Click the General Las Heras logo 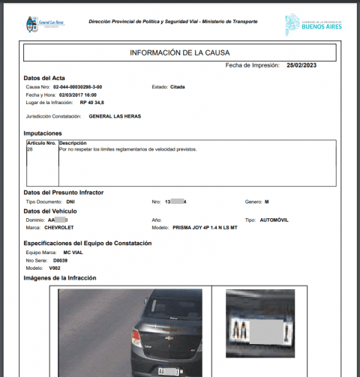coord(44,23)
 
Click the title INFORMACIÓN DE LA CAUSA coord(180,52)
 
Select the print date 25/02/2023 coord(302,66)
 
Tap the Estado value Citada coord(178,87)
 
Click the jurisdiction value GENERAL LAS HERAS coord(115,116)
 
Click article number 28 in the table coord(30,149)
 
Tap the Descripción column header coord(73,142)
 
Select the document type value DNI coord(71,202)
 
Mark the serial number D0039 coord(70,260)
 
